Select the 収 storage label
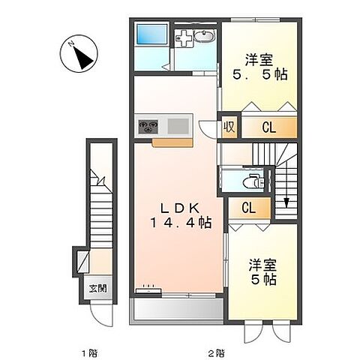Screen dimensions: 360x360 pos(229,127)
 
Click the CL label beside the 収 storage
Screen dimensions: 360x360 pos(268,128)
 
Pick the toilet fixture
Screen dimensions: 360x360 pos(253,181)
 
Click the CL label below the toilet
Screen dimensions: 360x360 pos(246,207)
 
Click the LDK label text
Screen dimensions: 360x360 pos(178,207)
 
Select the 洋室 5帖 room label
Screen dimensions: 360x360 pos(263,271)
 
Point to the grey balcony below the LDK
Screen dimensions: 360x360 pos(177,310)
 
